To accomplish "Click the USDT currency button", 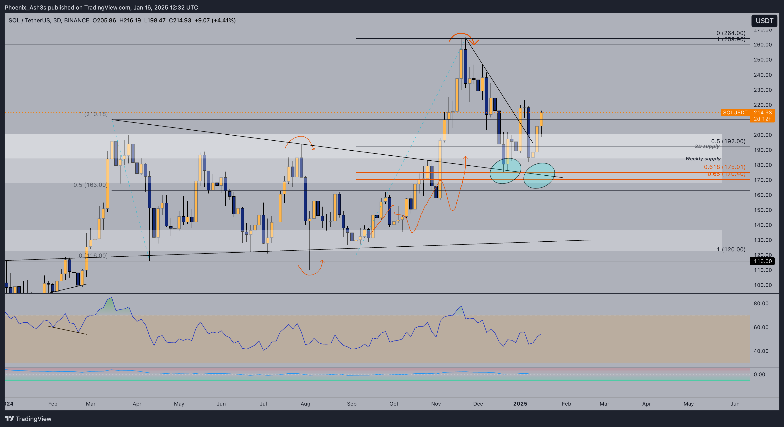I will [764, 21].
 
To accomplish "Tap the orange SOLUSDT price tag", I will [735, 113].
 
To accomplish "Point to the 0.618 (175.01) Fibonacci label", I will [724, 167].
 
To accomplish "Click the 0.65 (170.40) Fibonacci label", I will [726, 174].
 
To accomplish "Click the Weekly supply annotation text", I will [703, 159].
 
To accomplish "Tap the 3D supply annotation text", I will [707, 147].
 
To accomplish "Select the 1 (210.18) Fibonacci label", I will [93, 114].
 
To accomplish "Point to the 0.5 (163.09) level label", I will [90, 185].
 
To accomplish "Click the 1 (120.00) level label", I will [731, 249].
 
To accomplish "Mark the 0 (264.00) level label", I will [731, 33].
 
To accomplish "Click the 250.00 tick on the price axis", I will [762, 60].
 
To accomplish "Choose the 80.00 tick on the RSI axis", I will [761, 303].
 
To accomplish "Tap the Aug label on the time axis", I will [305, 404].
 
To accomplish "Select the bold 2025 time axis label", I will [520, 404].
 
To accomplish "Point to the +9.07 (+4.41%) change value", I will [215, 20].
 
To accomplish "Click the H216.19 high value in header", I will [130, 20].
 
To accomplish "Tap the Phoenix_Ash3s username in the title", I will [25, 7].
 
